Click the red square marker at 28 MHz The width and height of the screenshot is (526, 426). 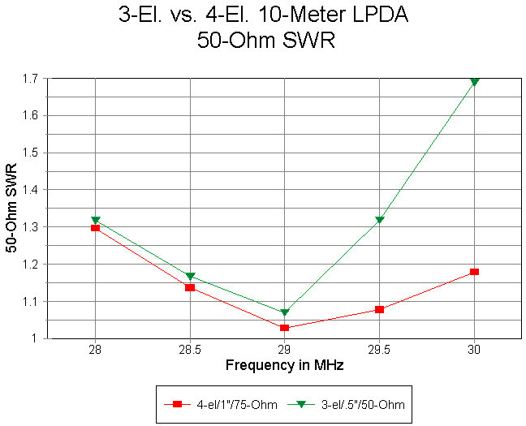96,228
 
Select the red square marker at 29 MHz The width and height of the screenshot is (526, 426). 285,328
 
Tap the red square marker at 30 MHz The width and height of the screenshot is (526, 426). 474,272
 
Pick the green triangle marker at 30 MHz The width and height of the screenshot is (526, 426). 474,82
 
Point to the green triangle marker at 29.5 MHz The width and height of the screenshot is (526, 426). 379,220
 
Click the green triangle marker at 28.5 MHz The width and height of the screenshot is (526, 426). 190,277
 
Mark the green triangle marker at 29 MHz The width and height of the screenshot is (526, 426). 285,312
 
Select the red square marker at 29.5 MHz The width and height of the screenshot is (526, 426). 379,309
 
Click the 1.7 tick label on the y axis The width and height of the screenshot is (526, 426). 31,79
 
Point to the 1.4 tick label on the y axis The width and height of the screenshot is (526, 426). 31,190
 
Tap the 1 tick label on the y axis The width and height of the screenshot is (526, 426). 36,338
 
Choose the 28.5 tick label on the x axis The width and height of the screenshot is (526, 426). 190,350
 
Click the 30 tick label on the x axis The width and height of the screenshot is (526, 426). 474,350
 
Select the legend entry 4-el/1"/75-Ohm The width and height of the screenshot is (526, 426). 217,403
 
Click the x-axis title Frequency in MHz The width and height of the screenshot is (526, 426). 284,365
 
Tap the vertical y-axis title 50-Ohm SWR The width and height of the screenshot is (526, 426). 12,209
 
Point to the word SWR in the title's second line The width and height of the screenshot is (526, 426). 311,41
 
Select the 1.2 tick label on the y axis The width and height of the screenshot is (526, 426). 31,265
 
